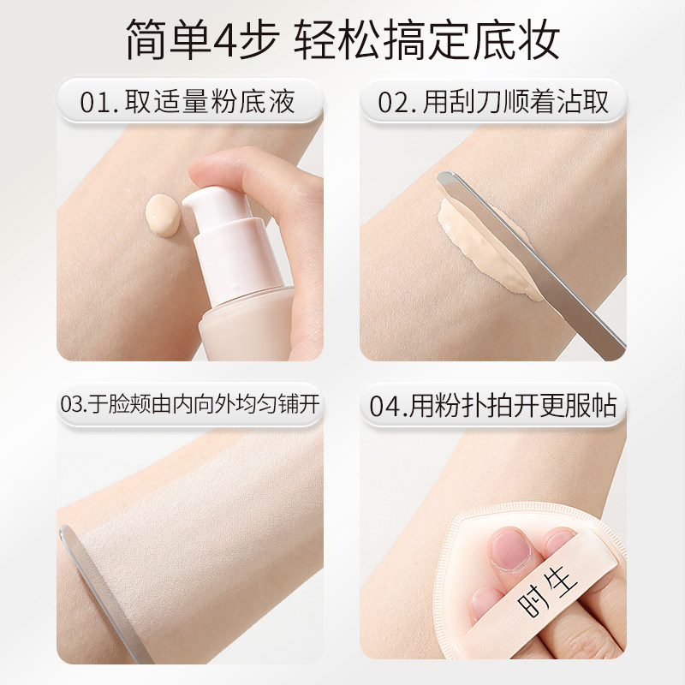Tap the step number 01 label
[97, 103]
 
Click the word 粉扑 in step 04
[475, 403]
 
